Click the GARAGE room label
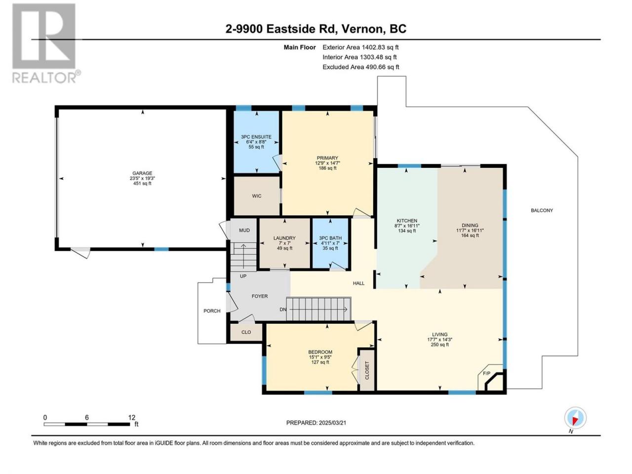(142, 173)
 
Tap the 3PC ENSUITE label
(256, 137)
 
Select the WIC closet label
(257, 196)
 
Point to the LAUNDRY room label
(284, 238)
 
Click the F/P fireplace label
(486, 373)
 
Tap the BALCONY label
(542, 210)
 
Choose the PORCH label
(212, 311)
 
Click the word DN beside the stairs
(283, 310)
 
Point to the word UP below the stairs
(243, 276)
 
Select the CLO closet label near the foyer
(246, 332)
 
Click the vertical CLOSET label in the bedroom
(367, 370)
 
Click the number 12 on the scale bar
(131, 417)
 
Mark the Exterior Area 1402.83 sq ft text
(360, 47)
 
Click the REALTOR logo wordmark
(45, 77)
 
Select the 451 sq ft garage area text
(142, 183)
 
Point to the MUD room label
(244, 230)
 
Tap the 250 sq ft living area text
(439, 345)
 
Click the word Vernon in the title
(361, 29)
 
